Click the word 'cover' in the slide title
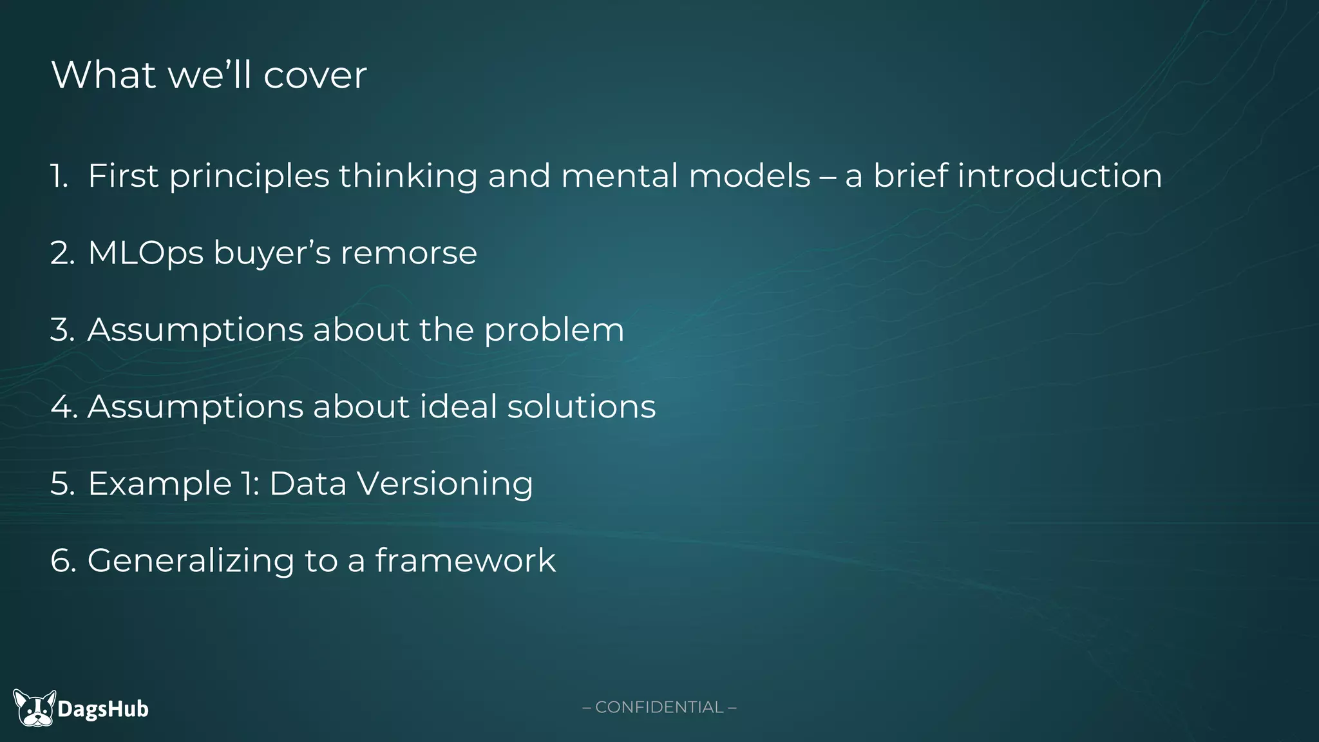[315, 75]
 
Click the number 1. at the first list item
[59, 176]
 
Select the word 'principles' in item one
[249, 176]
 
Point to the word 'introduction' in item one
[1059, 176]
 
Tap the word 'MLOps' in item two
[146, 252]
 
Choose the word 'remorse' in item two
[408, 252]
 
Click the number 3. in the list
[62, 330]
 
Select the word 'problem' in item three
[554, 330]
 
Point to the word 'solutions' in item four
[581, 406]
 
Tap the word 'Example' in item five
[160, 484]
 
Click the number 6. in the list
[63, 560]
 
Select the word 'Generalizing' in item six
[191, 560]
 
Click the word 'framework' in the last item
[465, 560]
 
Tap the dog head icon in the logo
[35, 709]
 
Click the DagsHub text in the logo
[103, 709]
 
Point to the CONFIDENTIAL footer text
[659, 707]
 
